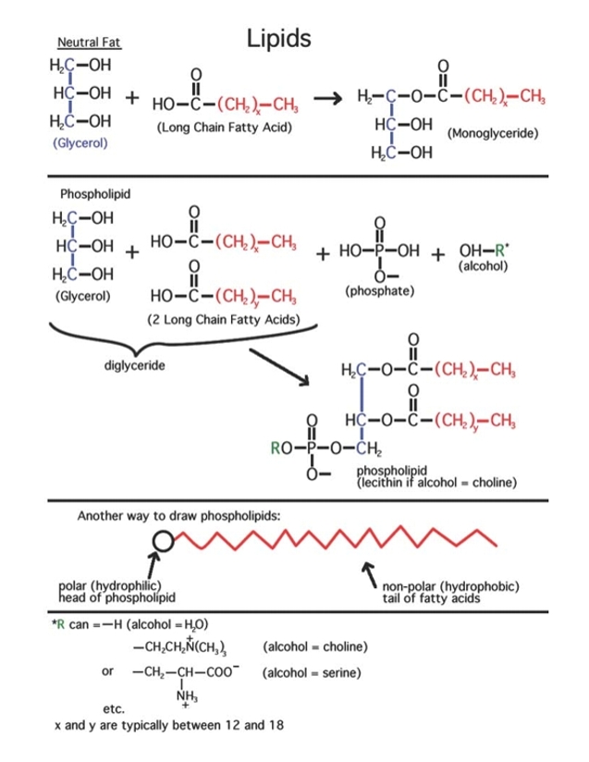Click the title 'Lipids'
pyautogui.click(x=279, y=38)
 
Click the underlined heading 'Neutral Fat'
pyautogui.click(x=89, y=43)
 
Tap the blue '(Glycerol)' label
pyautogui.click(x=80, y=143)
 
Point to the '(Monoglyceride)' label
pyautogui.click(x=493, y=133)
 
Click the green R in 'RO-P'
pyautogui.click(x=276, y=452)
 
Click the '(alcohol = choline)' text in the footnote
pyautogui.click(x=316, y=645)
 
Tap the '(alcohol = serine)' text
pyautogui.click(x=313, y=670)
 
